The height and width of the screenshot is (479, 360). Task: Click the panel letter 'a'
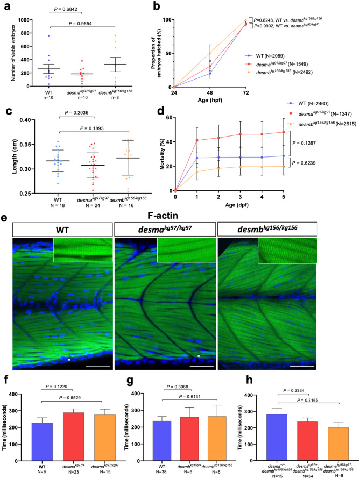coord(6,6)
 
